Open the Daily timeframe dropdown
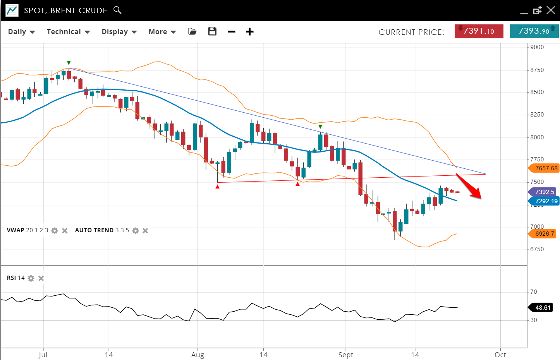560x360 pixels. pos(21,32)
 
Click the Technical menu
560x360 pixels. pos(68,32)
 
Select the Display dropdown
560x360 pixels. pos(119,32)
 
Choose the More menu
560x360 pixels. pos(162,32)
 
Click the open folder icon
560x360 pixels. pos(192,32)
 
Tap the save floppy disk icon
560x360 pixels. pos(212,32)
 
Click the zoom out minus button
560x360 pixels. pos(232,32)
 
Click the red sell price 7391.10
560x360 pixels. pos(479,31)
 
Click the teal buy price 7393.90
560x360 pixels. pos(534,31)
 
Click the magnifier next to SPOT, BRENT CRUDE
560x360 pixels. pos(117,10)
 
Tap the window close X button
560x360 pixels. pos(551,10)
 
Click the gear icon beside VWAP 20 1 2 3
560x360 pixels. pos(55,231)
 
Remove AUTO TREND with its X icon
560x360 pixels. pos(145,231)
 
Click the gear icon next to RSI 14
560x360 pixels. pos(31,278)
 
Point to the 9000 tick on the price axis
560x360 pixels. pos(537,47)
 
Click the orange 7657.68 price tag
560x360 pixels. pos(544,168)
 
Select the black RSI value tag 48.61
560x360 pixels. pos(543,308)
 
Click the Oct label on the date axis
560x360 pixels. pos(500,355)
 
